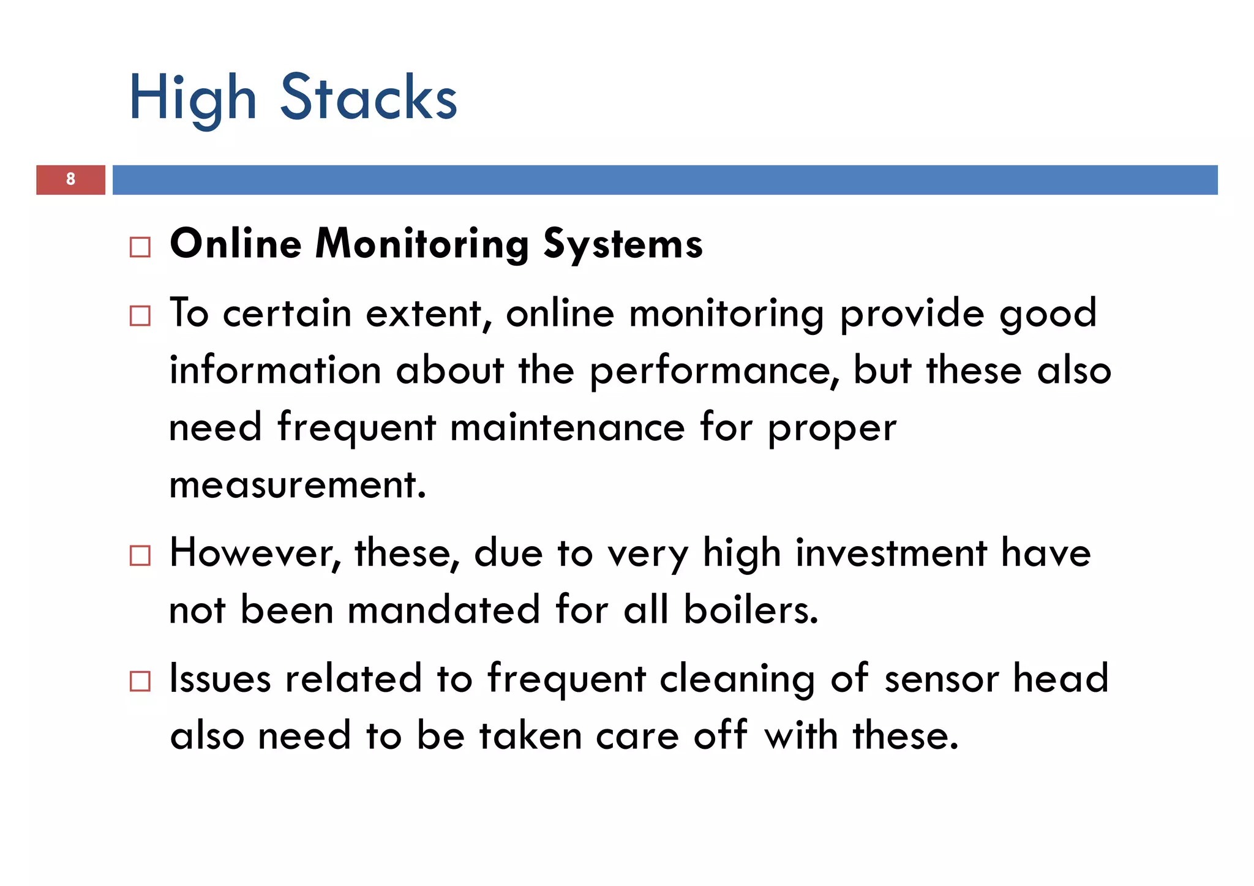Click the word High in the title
[x=192, y=98]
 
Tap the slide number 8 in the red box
[x=70, y=179]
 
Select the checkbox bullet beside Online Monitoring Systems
[x=140, y=247]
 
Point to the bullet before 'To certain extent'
[x=140, y=316]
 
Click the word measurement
[x=298, y=485]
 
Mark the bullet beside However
[x=140, y=556]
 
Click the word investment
[x=891, y=554]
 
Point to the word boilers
[x=751, y=610]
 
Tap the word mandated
[x=444, y=610]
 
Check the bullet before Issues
[x=140, y=681]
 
